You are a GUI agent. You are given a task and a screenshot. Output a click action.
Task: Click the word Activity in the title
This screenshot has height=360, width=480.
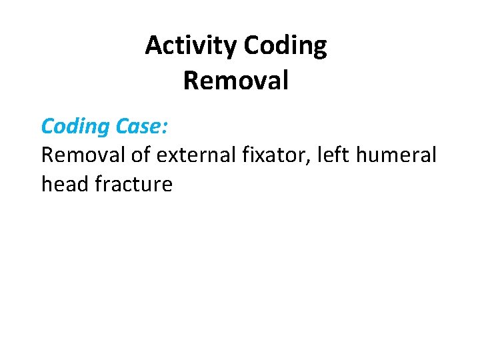tap(191, 46)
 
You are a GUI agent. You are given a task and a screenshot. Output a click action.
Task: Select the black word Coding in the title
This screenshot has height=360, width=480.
tap(285, 46)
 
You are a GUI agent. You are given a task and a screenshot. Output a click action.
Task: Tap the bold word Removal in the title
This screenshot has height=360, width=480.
tap(235, 81)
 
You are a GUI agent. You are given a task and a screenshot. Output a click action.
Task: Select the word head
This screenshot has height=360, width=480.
tap(65, 184)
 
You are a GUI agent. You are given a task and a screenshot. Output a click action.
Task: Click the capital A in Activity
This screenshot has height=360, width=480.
tap(153, 46)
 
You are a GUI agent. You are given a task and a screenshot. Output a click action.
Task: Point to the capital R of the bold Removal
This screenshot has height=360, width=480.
tap(190, 81)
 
